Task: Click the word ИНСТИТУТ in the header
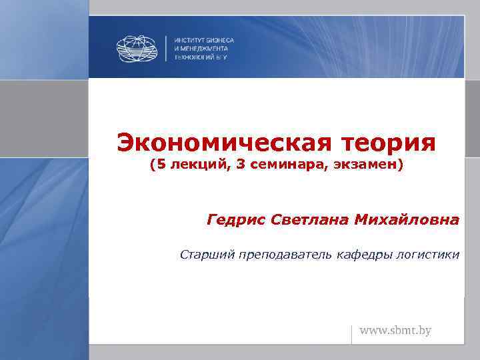pyautogui.click(x=189, y=40)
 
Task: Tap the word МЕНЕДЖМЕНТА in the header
pyautogui.click(x=204, y=49)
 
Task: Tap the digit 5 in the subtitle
pyautogui.click(x=161, y=164)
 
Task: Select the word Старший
pyautogui.click(x=203, y=254)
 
